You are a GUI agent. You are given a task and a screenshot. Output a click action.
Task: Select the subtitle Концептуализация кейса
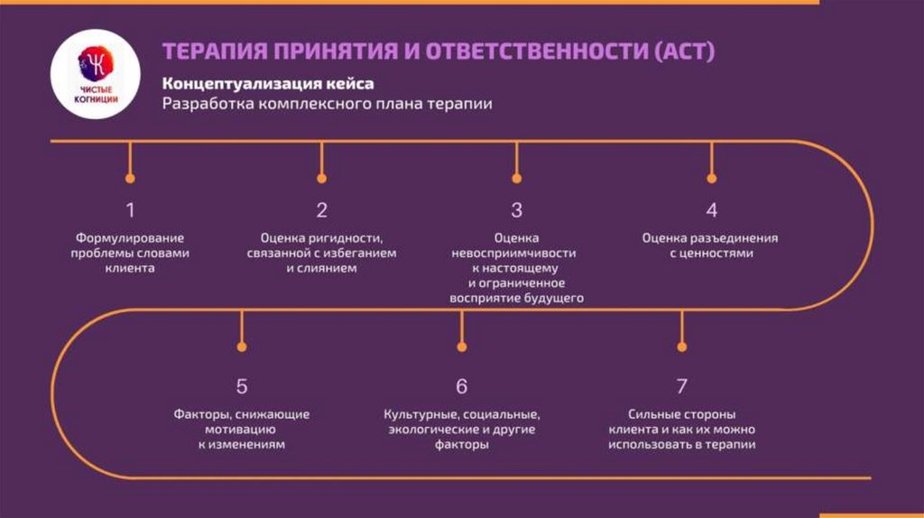(x=268, y=84)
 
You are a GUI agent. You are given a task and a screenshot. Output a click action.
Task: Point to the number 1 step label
(x=130, y=210)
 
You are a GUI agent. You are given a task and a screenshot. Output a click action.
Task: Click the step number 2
(x=322, y=210)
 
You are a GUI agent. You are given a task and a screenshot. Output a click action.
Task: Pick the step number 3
(x=516, y=210)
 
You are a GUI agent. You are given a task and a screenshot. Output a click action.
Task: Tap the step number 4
(x=711, y=210)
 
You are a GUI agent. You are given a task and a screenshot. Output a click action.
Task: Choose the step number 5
(x=242, y=386)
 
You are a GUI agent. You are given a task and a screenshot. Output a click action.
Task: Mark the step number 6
(x=461, y=386)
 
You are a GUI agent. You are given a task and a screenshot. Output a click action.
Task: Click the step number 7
(x=681, y=386)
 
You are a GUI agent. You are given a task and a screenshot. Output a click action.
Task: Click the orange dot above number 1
(x=130, y=179)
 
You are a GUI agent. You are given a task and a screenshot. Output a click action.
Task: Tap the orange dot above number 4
(x=711, y=179)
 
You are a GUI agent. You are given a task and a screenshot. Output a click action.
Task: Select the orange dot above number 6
(x=461, y=345)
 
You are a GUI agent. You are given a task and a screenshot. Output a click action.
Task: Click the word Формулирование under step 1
(x=130, y=238)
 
